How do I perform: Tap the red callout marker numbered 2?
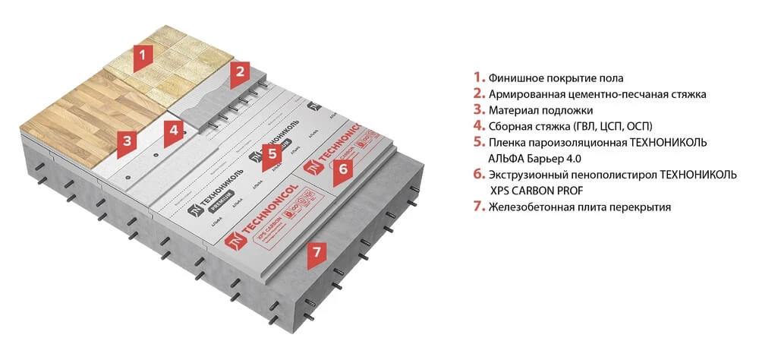coord(240,72)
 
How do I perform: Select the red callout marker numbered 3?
coord(127,141)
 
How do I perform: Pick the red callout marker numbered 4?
coord(174,130)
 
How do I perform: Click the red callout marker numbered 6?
coord(342,170)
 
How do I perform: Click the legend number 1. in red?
coord(478,77)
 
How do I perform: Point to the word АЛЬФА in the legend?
coord(505,159)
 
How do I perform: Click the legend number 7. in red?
coord(478,207)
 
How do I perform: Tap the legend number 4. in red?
coord(478,126)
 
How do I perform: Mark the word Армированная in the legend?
coord(524,94)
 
